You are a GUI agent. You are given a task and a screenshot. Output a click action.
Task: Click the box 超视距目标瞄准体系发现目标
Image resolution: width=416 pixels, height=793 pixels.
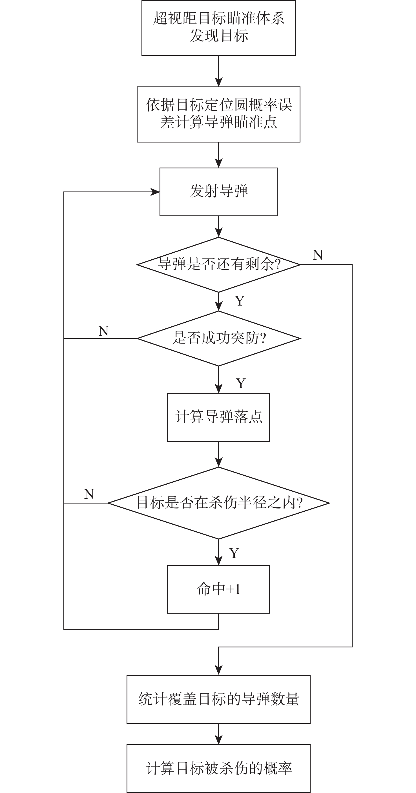[x=218, y=28]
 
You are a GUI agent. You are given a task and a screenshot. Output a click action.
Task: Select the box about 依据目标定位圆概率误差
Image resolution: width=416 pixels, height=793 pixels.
[x=218, y=114]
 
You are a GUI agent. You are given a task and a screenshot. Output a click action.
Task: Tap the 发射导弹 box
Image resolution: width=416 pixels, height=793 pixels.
[x=218, y=191]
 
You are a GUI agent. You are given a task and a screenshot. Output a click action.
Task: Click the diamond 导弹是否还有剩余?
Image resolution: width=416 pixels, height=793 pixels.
[x=218, y=264]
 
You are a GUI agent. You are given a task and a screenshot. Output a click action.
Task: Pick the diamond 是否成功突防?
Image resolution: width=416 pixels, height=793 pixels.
[x=218, y=338]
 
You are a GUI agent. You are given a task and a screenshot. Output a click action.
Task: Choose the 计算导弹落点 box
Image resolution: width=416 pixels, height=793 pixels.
[x=218, y=417]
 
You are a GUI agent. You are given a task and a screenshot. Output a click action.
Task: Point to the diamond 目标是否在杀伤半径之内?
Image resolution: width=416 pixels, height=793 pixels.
[x=218, y=503]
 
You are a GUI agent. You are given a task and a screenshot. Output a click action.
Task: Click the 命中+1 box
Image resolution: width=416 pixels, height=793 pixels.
[x=218, y=589]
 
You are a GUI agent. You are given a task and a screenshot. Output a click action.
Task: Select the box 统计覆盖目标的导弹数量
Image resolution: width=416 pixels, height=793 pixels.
[x=218, y=699]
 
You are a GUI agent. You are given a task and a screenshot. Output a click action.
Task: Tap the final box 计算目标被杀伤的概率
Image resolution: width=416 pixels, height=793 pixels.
[x=218, y=769]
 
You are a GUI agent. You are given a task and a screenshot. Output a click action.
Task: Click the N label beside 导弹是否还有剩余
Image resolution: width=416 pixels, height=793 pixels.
[x=318, y=255]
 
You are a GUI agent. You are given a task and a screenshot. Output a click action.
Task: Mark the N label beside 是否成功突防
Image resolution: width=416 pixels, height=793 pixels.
[x=103, y=331]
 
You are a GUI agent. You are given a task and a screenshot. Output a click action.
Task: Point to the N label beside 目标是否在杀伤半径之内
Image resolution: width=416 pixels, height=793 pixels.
[x=89, y=494]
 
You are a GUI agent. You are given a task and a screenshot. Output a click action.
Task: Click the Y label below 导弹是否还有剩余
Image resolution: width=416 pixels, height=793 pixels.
[x=240, y=300]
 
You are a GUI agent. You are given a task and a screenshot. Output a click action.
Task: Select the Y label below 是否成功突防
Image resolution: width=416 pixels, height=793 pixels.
[x=241, y=383]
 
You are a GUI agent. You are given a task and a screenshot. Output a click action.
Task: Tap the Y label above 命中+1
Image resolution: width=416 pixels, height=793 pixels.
[x=234, y=553]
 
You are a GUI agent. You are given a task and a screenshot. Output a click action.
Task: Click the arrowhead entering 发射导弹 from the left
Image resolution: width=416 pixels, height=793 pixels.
[x=155, y=192]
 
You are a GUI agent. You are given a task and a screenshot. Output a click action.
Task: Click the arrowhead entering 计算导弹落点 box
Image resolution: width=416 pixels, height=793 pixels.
[x=218, y=389]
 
